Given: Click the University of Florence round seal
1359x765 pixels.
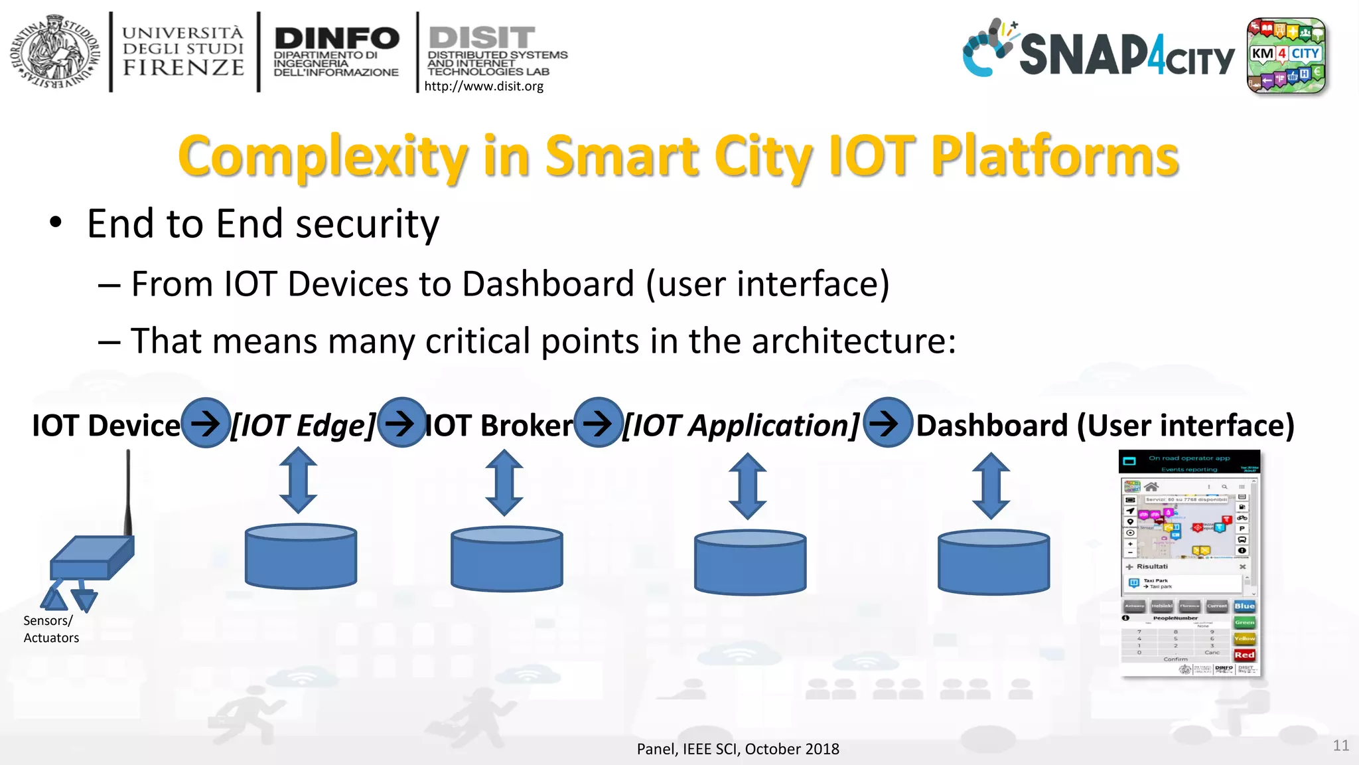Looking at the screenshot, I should point(54,52).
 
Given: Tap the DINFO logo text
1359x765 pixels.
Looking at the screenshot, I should point(336,39).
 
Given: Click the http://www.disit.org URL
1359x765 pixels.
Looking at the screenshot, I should point(484,86).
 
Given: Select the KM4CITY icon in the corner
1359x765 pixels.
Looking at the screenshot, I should point(1285,56).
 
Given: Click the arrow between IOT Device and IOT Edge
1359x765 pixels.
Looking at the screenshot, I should point(206,422).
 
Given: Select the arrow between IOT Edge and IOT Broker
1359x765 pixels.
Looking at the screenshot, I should point(401,422).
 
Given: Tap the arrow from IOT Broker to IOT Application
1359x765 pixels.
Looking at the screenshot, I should point(599,422).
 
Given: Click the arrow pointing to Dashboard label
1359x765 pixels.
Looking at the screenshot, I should point(887,422).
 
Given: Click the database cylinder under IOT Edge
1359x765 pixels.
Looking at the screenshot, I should point(301,556).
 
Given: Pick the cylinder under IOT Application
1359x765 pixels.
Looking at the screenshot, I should point(750,561).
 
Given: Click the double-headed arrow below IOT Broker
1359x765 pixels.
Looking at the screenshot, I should point(504,483).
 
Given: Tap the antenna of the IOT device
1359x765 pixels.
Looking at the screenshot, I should point(128,491).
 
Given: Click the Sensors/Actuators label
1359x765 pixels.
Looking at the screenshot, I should point(50,629).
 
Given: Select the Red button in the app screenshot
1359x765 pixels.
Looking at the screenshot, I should point(1244,655).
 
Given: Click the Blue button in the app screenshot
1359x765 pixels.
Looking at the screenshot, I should point(1244,606).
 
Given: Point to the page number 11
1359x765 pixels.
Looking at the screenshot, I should point(1340,745).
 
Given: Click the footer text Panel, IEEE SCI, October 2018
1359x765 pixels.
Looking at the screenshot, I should point(738,749).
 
